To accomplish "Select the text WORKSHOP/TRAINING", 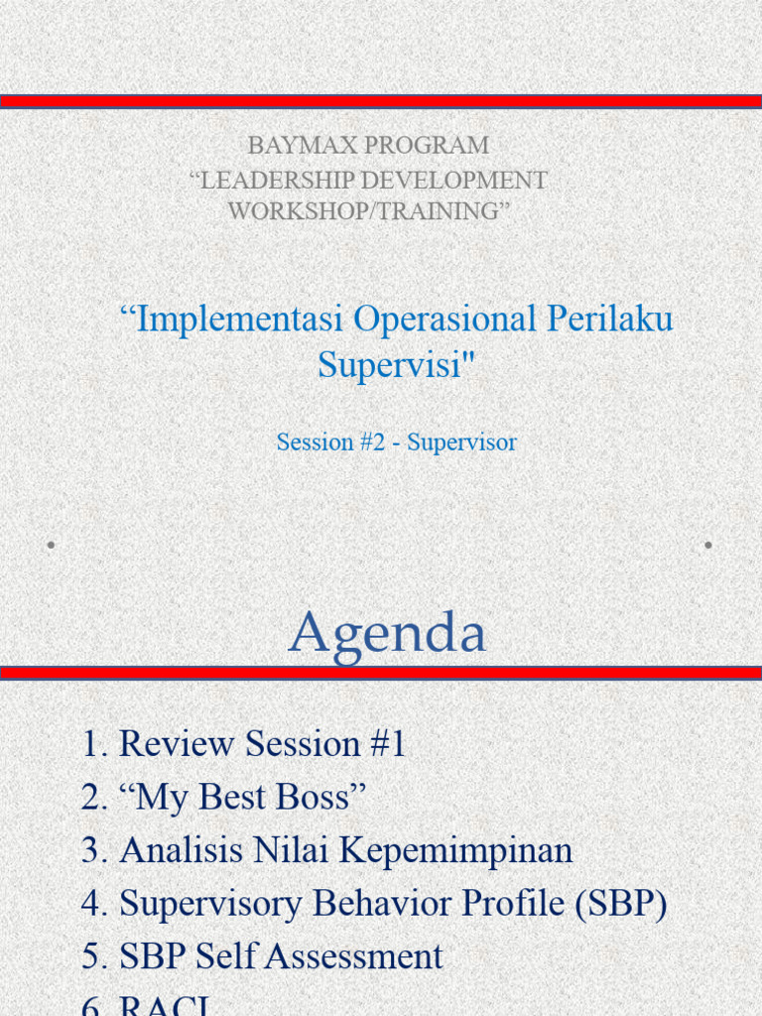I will click(x=369, y=211).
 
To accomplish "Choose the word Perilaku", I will click(x=610, y=319).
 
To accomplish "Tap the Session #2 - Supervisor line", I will click(x=396, y=443).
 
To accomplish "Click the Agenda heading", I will click(x=387, y=633).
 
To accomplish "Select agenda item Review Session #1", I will click(x=262, y=744).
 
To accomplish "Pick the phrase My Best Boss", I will click(x=243, y=797).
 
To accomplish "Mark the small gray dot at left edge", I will click(x=51, y=545).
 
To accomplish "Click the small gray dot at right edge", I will click(x=708, y=545).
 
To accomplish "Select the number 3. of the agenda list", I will click(x=95, y=850).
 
